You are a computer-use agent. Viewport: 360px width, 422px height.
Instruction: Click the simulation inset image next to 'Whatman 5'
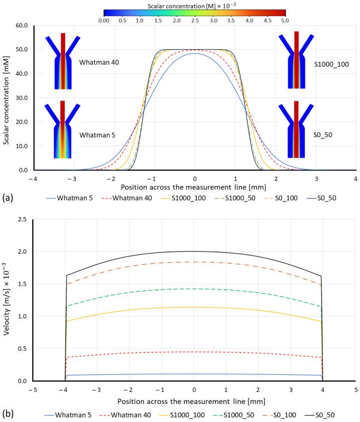[62, 130]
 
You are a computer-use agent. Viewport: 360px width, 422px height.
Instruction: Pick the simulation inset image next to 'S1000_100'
[296, 60]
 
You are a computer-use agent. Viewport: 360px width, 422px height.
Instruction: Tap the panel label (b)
[8, 414]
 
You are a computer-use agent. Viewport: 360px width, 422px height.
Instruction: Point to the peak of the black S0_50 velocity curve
[194, 251]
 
